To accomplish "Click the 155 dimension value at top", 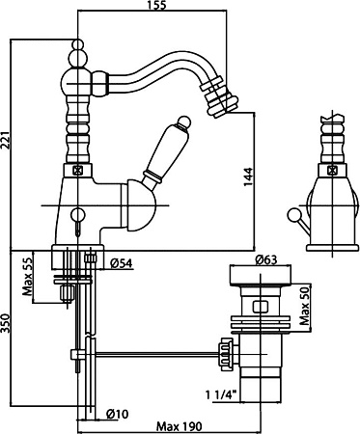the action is coord(157,5).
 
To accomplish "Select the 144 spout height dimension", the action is coord(247,176).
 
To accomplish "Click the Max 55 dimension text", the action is coord(27,277).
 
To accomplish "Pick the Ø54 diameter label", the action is coord(121,263).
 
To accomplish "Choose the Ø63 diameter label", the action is coord(265,259).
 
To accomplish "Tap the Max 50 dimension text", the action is coord(304,306).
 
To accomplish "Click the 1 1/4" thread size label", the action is coord(222,394).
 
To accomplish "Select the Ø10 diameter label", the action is coord(117,414).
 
